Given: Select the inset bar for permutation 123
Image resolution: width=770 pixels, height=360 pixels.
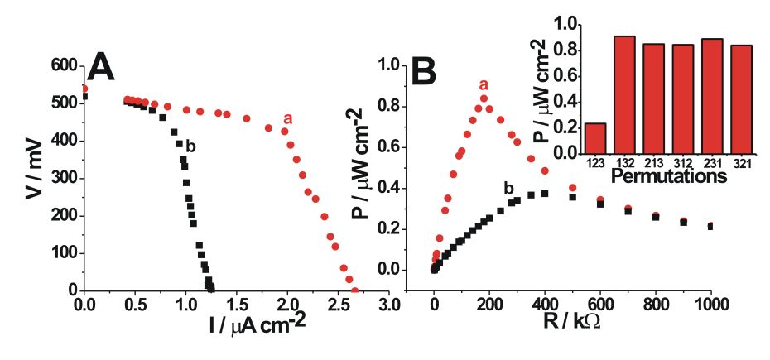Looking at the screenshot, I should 595,138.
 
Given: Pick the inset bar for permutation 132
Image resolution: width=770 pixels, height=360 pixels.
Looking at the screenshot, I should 624,95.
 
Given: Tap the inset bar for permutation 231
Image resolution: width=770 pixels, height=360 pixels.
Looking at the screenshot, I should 713,96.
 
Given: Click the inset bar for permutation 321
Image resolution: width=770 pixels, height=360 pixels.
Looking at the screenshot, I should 742,99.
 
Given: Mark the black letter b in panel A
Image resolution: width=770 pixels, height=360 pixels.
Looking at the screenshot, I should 190,146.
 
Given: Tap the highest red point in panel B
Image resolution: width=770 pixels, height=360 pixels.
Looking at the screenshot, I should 484,98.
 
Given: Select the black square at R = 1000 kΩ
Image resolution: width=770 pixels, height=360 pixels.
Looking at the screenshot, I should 710,226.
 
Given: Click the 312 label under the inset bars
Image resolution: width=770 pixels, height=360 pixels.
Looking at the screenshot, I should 683,163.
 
